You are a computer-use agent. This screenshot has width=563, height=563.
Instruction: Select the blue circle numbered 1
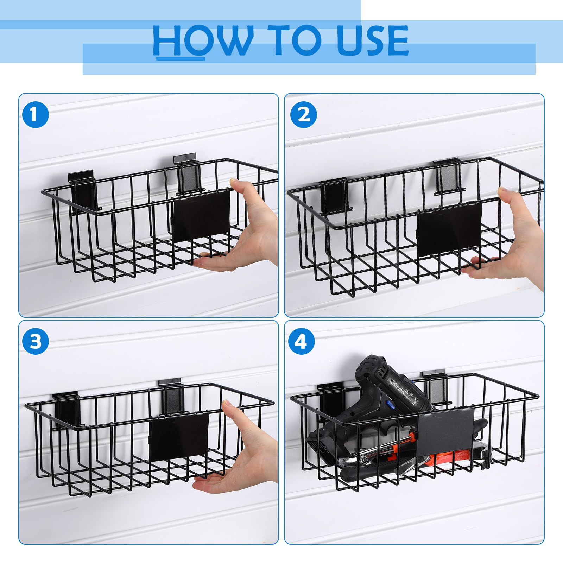point(35,114)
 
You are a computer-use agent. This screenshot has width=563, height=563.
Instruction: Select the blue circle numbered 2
point(303,114)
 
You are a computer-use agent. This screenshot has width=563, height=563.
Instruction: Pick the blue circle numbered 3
point(35,341)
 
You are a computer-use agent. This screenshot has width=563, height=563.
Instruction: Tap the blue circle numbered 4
point(301,341)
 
